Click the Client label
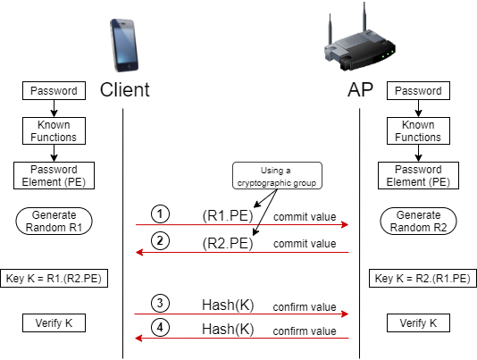(x=124, y=90)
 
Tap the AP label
(x=360, y=90)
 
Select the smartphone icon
(x=125, y=45)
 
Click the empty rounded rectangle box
(x=277, y=176)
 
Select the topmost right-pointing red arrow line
(x=241, y=225)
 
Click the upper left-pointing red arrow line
(x=241, y=253)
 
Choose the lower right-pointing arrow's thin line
(x=241, y=314)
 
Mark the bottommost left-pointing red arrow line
(x=241, y=339)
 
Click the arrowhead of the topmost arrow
(x=345, y=225)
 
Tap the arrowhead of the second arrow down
(x=138, y=253)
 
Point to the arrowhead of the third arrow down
(x=345, y=314)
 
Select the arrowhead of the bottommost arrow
(x=138, y=339)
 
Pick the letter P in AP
(x=367, y=90)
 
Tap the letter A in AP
(x=354, y=90)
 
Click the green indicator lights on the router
(x=387, y=54)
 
